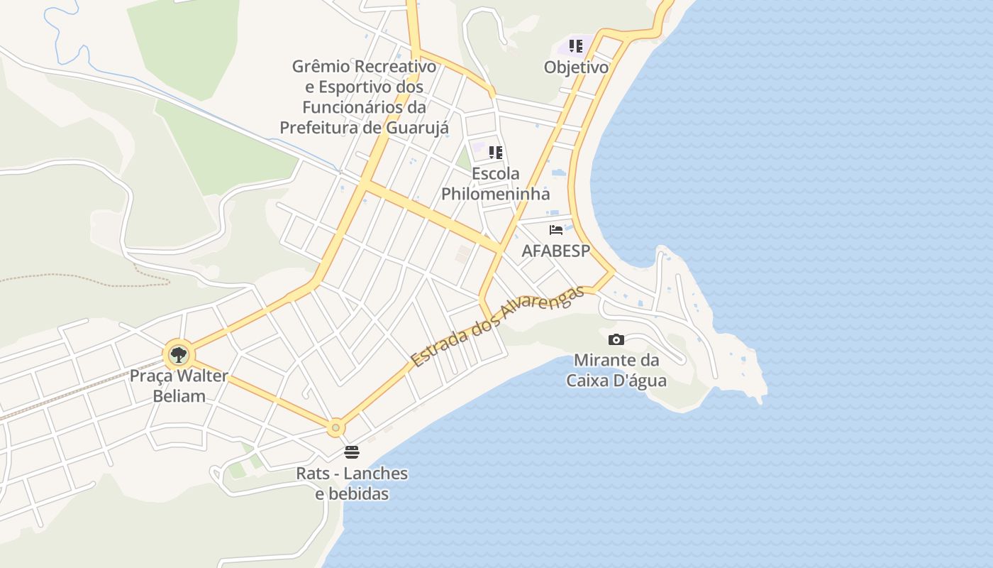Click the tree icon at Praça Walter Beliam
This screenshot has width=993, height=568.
pyautogui.click(x=178, y=354)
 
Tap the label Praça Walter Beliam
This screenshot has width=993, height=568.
pyautogui.click(x=179, y=386)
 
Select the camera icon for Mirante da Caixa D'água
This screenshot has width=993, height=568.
pyautogui.click(x=616, y=340)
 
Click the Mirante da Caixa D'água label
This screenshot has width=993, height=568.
pyautogui.click(x=616, y=370)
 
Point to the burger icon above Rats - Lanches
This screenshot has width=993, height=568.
pyautogui.click(x=352, y=452)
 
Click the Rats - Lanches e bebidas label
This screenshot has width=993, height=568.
pyautogui.click(x=352, y=483)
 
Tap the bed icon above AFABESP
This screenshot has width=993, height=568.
pyautogui.click(x=556, y=230)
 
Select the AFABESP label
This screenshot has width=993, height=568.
pyautogui.click(x=556, y=251)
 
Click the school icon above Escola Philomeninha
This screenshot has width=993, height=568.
pyautogui.click(x=496, y=153)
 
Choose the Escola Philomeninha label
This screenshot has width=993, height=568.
pyautogui.click(x=496, y=183)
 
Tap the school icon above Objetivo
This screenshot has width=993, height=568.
pyautogui.click(x=576, y=47)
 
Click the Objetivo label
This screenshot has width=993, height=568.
pyautogui.click(x=576, y=67)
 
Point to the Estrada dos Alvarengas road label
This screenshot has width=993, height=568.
pyautogui.click(x=498, y=325)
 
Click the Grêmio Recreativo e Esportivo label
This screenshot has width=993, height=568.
pyautogui.click(x=364, y=97)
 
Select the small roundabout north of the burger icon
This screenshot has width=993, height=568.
pyautogui.click(x=335, y=428)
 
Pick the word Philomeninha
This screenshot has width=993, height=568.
pyautogui.click(x=496, y=194)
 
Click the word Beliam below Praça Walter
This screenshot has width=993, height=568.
pyautogui.click(x=179, y=396)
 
